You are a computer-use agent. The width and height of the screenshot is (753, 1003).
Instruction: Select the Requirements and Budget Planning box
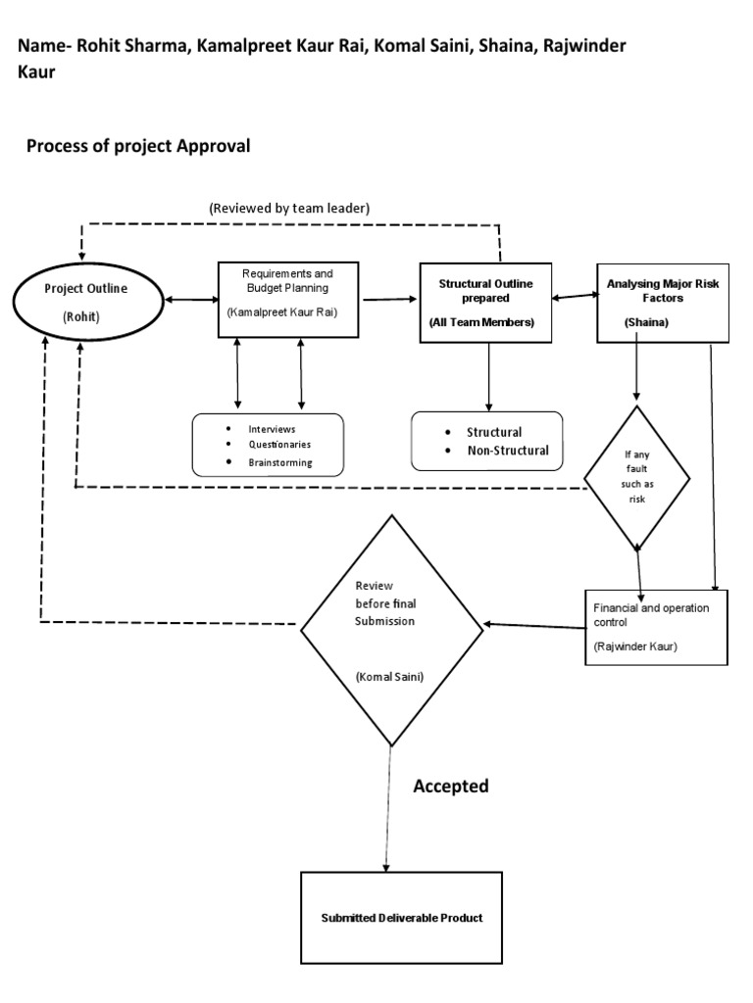(x=288, y=299)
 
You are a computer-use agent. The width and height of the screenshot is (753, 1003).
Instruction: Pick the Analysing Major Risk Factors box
(x=663, y=303)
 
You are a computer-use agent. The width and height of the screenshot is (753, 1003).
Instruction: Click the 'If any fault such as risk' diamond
(x=637, y=477)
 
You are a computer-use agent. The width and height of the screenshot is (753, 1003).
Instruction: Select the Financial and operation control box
(x=656, y=627)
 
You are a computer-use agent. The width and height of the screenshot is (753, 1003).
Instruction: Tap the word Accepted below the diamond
(x=450, y=787)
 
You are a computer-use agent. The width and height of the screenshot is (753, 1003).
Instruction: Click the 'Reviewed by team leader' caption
(x=288, y=209)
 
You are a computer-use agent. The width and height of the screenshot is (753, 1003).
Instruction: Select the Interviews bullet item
(x=272, y=430)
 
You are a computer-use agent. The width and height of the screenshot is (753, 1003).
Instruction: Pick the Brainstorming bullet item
(x=280, y=462)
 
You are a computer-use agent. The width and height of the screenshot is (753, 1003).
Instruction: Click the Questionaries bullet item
(x=279, y=446)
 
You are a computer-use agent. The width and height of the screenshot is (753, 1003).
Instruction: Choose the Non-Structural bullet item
(x=507, y=452)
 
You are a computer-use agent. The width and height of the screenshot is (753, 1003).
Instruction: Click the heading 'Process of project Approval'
(x=138, y=147)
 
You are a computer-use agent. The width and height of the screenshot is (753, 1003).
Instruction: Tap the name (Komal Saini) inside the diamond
(x=389, y=677)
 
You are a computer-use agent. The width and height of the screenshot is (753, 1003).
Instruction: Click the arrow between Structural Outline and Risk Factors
(x=575, y=296)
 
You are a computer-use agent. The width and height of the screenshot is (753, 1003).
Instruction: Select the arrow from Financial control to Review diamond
(x=535, y=624)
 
